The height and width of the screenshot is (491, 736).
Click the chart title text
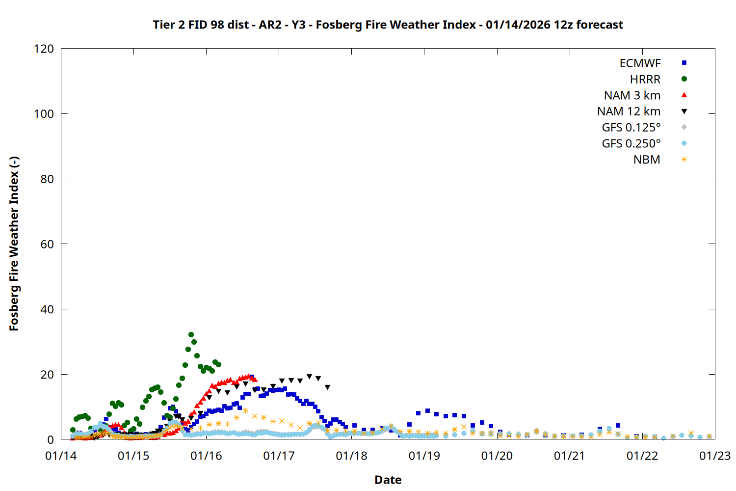pos(388,25)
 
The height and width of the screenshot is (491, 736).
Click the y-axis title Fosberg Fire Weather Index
pos(14,244)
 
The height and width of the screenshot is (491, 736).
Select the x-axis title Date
pos(388,480)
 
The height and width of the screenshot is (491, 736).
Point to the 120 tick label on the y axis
pos(44,49)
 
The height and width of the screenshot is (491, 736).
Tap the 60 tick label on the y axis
pos(47,244)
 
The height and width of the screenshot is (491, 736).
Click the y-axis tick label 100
pos(44,114)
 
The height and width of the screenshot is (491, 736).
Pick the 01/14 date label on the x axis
pos(61,456)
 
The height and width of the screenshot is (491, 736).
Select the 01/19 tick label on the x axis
pos(424,456)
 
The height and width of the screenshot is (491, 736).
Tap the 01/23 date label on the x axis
pos(715,456)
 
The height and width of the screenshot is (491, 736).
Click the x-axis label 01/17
pos(279,456)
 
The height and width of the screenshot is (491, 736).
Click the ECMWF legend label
pos(640,63)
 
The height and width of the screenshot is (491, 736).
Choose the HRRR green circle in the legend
pos(684,79)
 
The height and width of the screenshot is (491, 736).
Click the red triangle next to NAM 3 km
pos(684,95)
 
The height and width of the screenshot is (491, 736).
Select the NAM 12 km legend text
pos(629,111)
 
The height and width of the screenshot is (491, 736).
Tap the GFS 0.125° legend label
pos(631,128)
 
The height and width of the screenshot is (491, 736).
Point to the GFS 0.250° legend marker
pos(684,143)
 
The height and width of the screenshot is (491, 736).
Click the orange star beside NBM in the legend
pos(684,160)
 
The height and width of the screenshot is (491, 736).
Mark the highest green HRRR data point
pos(191,335)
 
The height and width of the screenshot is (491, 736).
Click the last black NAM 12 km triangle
pos(327,387)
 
